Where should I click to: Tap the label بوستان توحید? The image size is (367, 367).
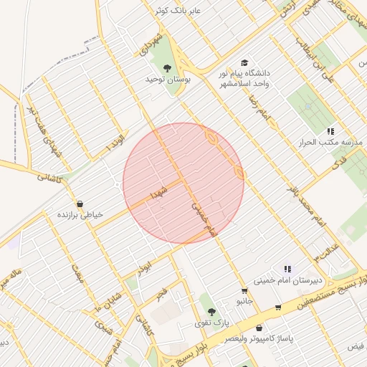tap(169, 79)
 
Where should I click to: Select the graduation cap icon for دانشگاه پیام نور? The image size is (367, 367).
tap(245, 64)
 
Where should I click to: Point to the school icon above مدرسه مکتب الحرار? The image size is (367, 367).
tap(330, 132)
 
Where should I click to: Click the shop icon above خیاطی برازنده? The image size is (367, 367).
tap(78, 204)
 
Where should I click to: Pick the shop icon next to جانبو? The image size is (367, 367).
tap(245, 291)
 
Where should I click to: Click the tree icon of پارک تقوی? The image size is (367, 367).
tap(211, 312)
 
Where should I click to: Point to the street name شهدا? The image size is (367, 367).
tap(158, 191)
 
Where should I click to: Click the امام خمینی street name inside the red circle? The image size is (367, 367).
tap(204, 218)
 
